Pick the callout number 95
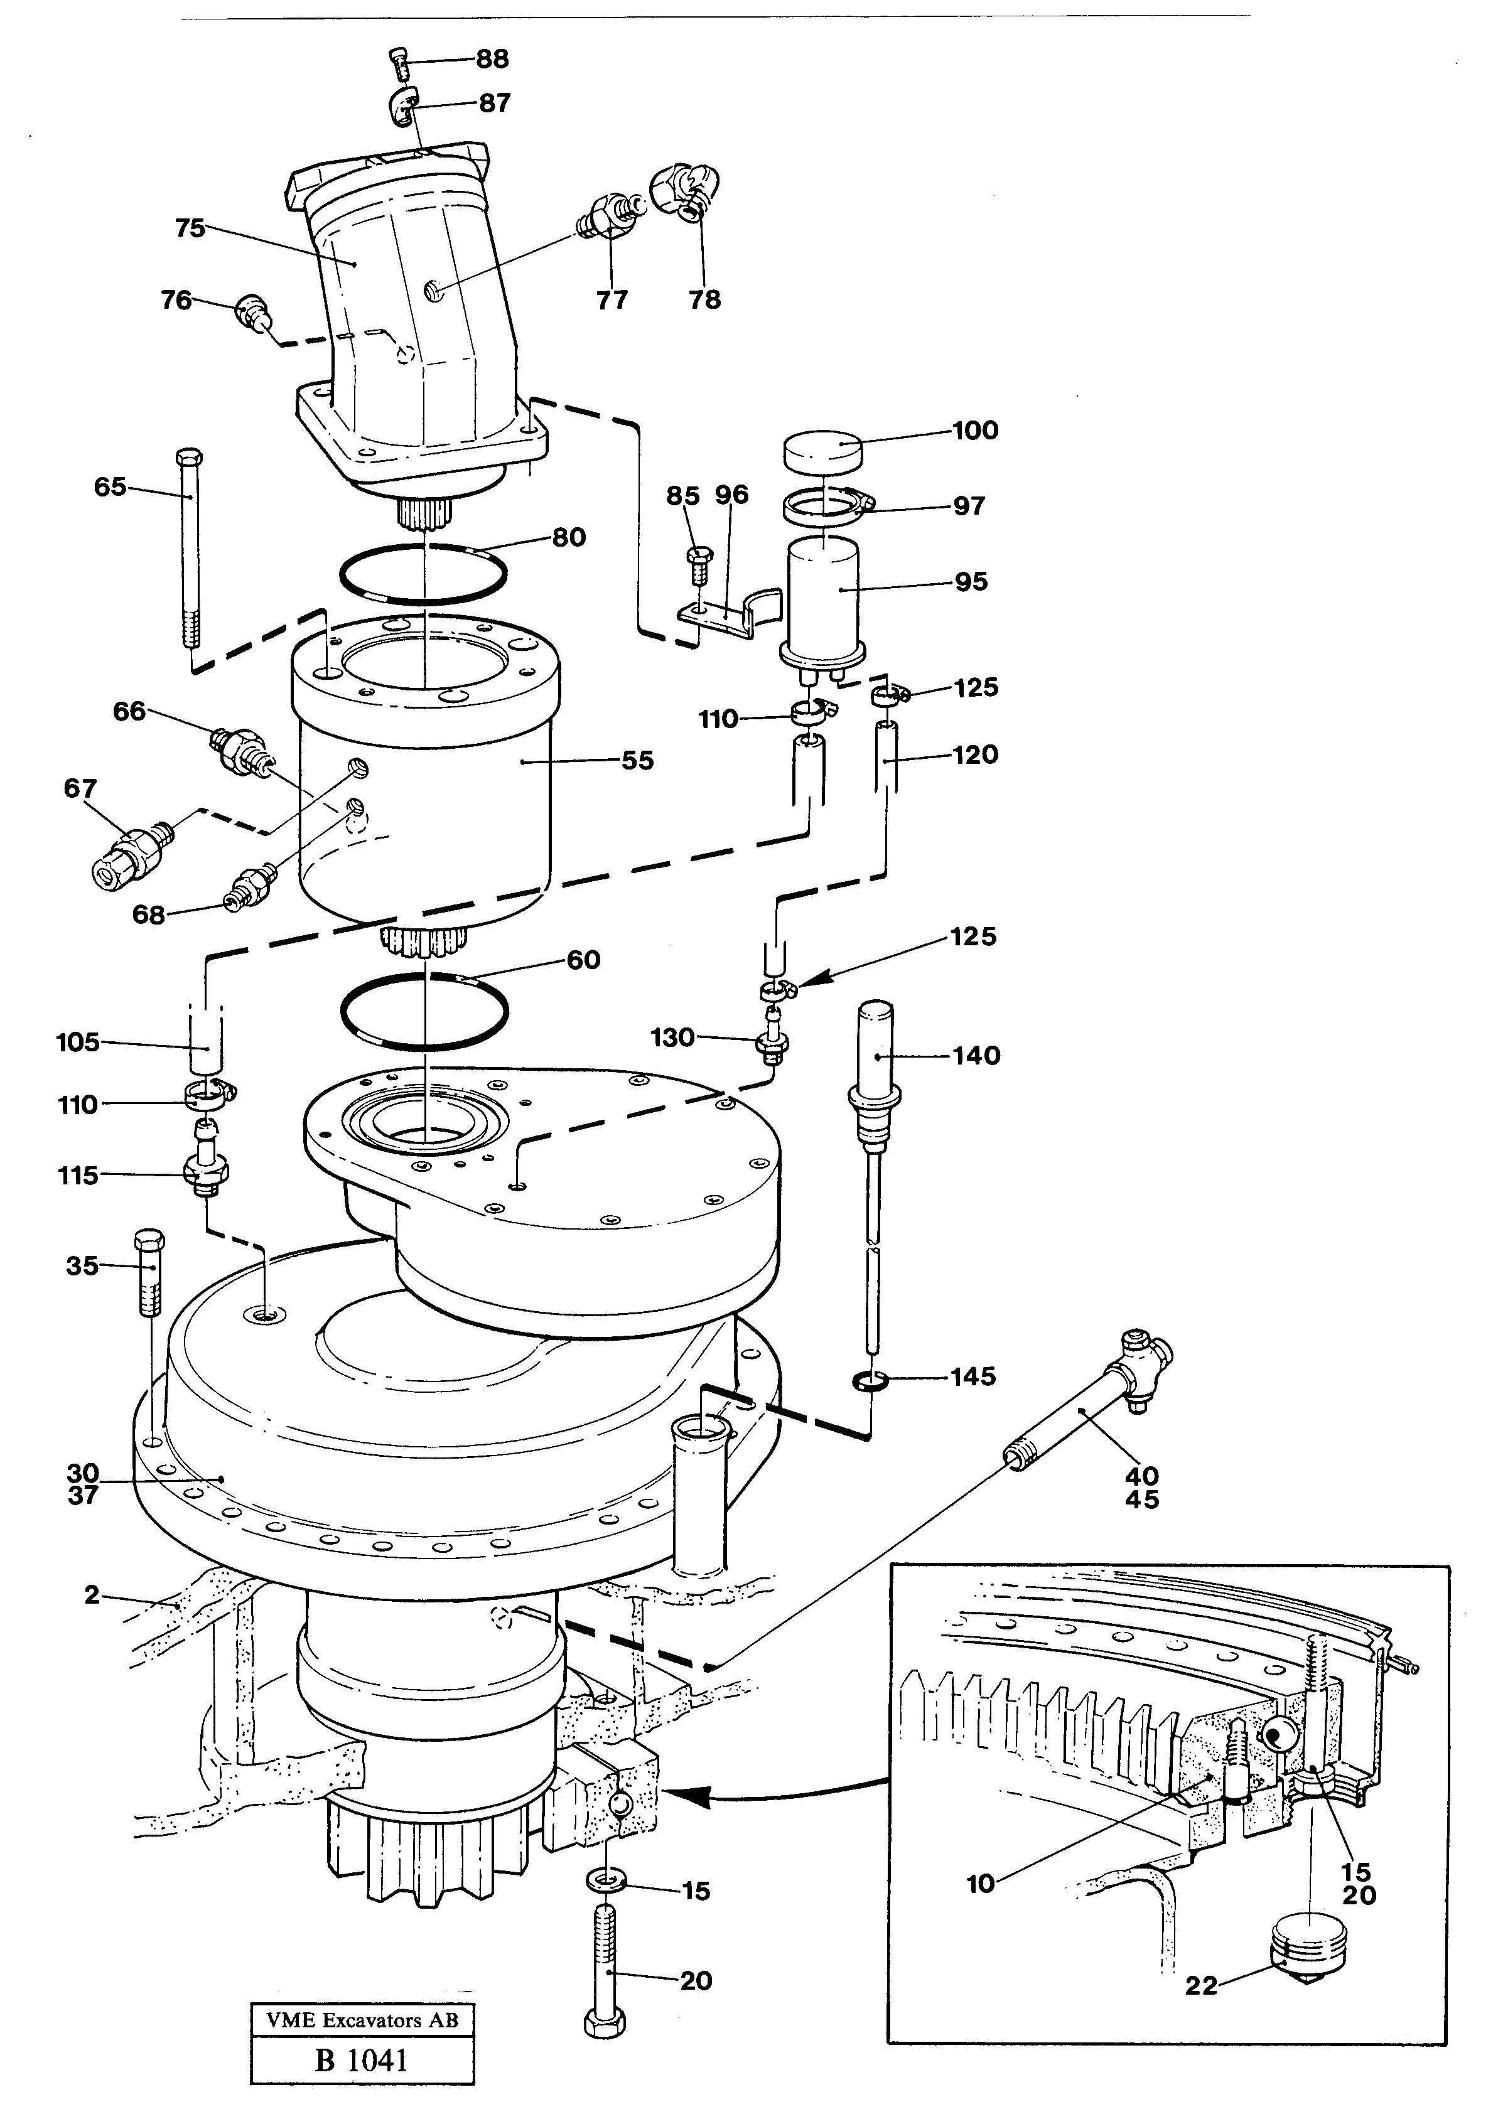coord(971,582)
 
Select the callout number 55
coord(637,761)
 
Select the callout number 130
coord(672,1038)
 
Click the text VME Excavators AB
coord(362,2021)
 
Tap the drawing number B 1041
coord(361,2062)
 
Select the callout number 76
coord(176,300)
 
